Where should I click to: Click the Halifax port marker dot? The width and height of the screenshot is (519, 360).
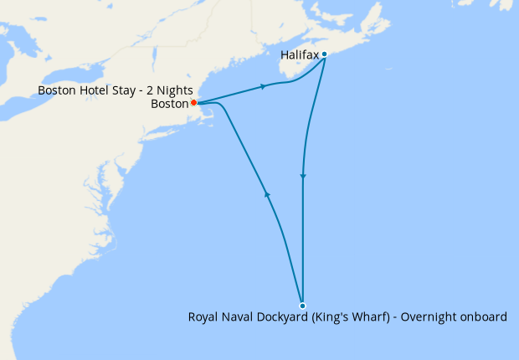click(x=324, y=54)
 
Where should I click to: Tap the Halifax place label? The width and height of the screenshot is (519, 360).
click(x=300, y=55)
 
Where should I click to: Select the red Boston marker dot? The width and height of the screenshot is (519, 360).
click(x=193, y=103)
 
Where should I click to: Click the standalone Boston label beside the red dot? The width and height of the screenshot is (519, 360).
click(x=170, y=104)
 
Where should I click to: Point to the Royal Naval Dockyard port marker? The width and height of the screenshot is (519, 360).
click(x=302, y=306)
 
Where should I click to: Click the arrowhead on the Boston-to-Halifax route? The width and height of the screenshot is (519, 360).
click(x=265, y=86)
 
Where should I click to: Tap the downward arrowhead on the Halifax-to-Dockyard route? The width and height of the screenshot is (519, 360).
click(x=303, y=177)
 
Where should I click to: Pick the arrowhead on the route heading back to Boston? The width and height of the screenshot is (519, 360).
click(x=267, y=194)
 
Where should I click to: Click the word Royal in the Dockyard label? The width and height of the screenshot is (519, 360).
click(x=203, y=317)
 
